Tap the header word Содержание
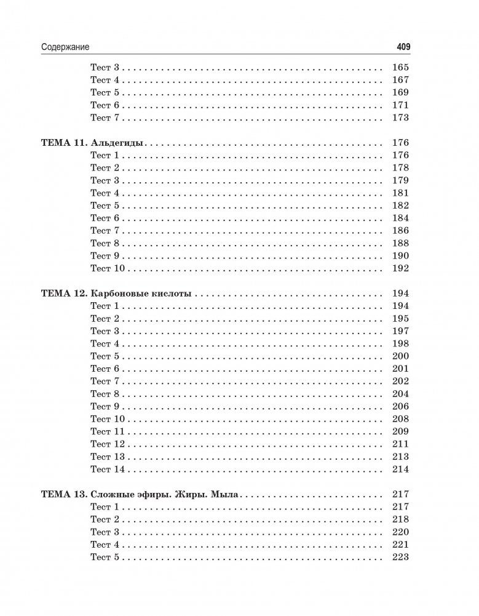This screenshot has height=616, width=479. pyautogui.click(x=66, y=47)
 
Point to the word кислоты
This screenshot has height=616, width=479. pyautogui.click(x=172, y=294)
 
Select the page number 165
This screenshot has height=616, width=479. pyautogui.click(x=400, y=68)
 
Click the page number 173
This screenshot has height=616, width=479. pyautogui.click(x=400, y=118)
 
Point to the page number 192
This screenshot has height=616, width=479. pyautogui.click(x=400, y=268)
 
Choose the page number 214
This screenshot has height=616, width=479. pyautogui.click(x=400, y=469)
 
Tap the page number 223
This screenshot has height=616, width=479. pyautogui.click(x=400, y=557)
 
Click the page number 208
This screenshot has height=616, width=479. pyautogui.click(x=400, y=419)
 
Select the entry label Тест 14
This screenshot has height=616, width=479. pyautogui.click(x=108, y=469)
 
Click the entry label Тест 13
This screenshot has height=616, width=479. pyautogui.click(x=108, y=457)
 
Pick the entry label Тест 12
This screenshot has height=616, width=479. pyautogui.click(x=108, y=444)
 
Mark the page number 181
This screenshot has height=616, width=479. pyautogui.click(x=400, y=193)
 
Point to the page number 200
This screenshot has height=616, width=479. pyautogui.click(x=400, y=356)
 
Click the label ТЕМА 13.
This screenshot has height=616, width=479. pyautogui.click(x=63, y=494)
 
